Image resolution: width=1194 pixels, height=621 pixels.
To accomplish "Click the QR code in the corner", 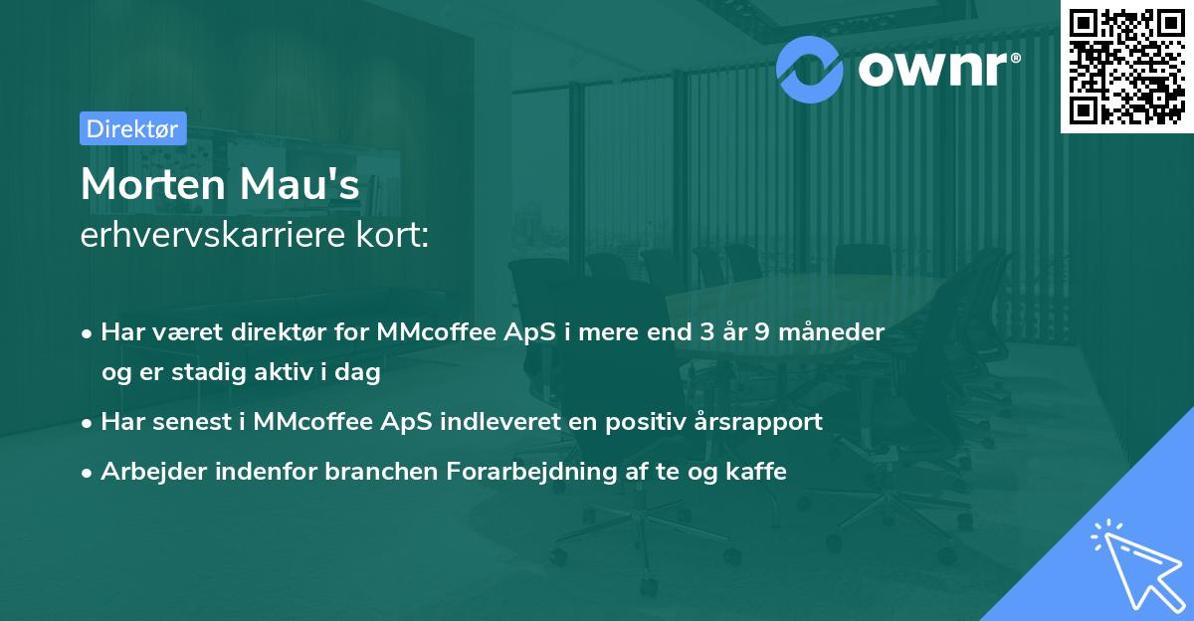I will [1127, 67].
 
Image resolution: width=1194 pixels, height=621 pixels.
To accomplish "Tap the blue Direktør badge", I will [132, 128].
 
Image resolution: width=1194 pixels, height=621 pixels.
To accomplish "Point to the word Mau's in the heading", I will [308, 186].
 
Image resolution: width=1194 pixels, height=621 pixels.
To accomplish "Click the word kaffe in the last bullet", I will [756, 472].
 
